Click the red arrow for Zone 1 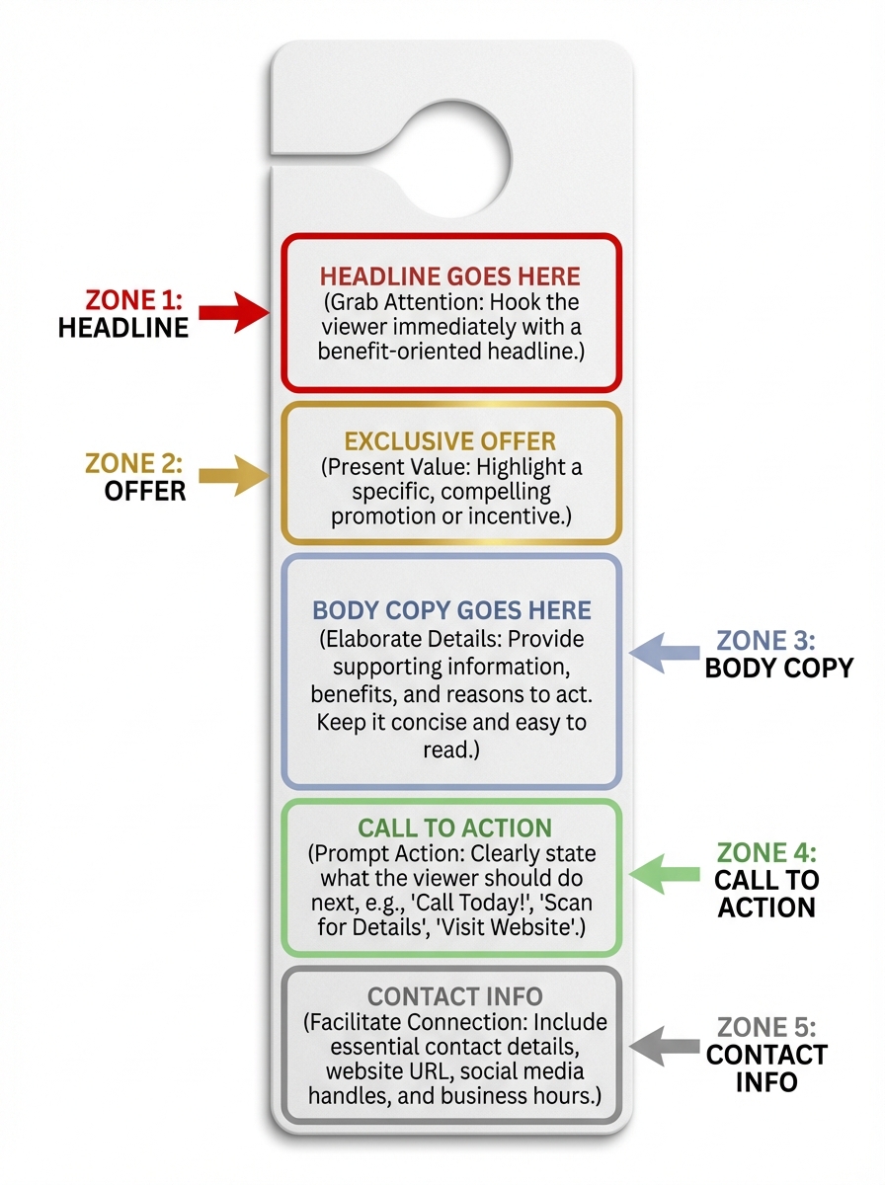234,313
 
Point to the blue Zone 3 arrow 664,652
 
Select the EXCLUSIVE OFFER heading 450,439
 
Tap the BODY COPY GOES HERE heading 451,610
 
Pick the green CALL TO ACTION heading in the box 454,828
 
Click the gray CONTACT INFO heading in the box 453,997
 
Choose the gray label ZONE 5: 767,1026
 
